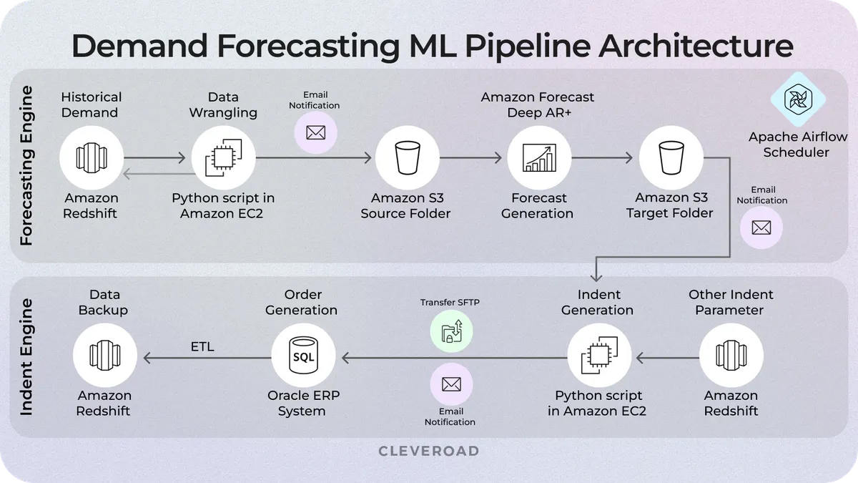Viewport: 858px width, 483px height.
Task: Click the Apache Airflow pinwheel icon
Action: [x=797, y=99]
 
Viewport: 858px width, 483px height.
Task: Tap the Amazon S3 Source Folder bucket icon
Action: [x=405, y=157]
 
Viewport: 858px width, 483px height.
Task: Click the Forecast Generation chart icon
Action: [x=538, y=157]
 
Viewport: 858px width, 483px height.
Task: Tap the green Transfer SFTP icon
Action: [x=451, y=331]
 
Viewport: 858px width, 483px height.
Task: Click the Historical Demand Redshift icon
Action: [x=91, y=157]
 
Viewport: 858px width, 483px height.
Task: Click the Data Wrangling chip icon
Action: [x=223, y=157]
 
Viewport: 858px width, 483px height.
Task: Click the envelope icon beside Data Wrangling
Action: [x=315, y=132]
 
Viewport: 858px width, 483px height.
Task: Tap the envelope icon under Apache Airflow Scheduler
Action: [x=761, y=228]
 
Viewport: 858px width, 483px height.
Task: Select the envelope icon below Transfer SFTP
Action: [x=450, y=385]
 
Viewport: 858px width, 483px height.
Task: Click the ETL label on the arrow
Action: [x=202, y=348]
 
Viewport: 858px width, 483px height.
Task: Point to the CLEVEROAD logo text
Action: [x=428, y=452]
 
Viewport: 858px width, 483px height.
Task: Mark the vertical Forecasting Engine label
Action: [x=26, y=166]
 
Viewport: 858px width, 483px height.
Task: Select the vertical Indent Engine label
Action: [x=26, y=357]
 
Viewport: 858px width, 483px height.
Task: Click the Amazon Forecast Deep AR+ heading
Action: [x=538, y=104]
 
